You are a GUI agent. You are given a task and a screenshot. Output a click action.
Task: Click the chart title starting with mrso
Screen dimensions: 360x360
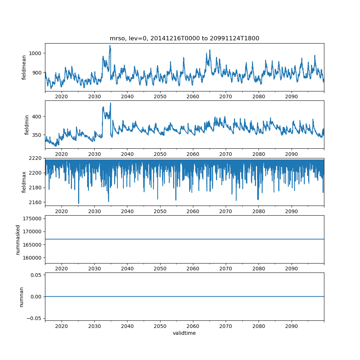pyautogui.click(x=184, y=39)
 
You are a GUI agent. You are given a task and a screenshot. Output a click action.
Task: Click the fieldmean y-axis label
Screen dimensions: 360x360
pyautogui.click(x=24, y=67)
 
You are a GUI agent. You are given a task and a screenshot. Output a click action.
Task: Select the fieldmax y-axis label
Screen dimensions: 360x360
pyautogui.click(x=24, y=182)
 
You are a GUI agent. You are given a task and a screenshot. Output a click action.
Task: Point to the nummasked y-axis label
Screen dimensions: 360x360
pyautogui.click(x=18, y=239)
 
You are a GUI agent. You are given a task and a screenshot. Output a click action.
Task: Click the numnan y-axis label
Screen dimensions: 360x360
pyautogui.click(x=21, y=297)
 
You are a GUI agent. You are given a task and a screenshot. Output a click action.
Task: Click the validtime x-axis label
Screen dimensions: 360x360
pyautogui.click(x=184, y=333)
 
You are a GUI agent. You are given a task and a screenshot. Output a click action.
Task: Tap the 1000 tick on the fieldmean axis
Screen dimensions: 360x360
pyautogui.click(x=36, y=53)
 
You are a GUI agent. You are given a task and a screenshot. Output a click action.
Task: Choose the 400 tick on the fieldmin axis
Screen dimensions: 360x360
pyautogui.click(x=38, y=117)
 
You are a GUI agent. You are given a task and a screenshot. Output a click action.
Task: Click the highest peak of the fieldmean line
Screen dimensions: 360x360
pyautogui.click(x=110, y=45)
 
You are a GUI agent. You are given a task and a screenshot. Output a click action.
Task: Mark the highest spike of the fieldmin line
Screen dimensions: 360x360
pyautogui.click(x=111, y=103)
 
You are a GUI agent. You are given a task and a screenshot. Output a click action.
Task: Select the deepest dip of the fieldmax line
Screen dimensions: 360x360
pyautogui.click(x=78, y=203)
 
